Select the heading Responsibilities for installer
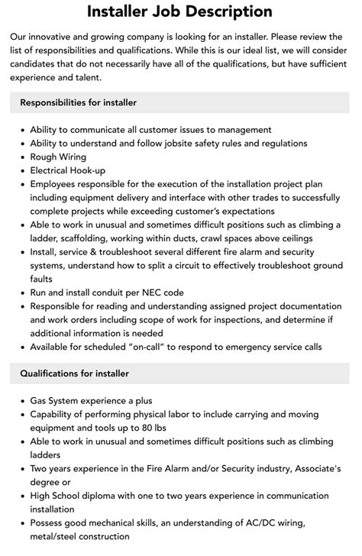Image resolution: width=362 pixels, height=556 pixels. point(78,102)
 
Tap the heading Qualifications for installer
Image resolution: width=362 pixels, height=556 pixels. point(74,373)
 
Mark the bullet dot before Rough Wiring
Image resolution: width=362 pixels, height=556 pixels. point(20,157)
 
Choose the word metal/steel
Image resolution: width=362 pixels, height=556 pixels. point(60,535)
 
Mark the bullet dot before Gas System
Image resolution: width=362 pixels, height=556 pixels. point(20,400)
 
